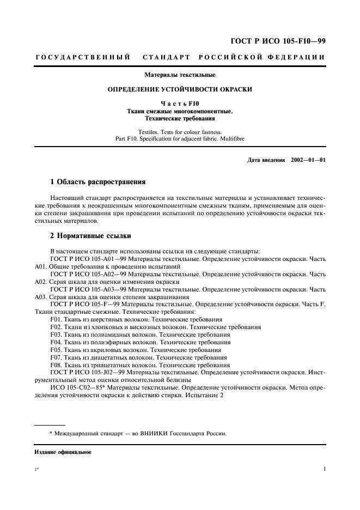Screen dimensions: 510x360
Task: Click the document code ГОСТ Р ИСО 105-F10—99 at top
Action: [x=279, y=41]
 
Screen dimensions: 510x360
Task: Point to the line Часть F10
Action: [x=179, y=103]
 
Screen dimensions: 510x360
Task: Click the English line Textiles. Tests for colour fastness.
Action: [x=179, y=132]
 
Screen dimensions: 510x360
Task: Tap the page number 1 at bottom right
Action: [x=324, y=469]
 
